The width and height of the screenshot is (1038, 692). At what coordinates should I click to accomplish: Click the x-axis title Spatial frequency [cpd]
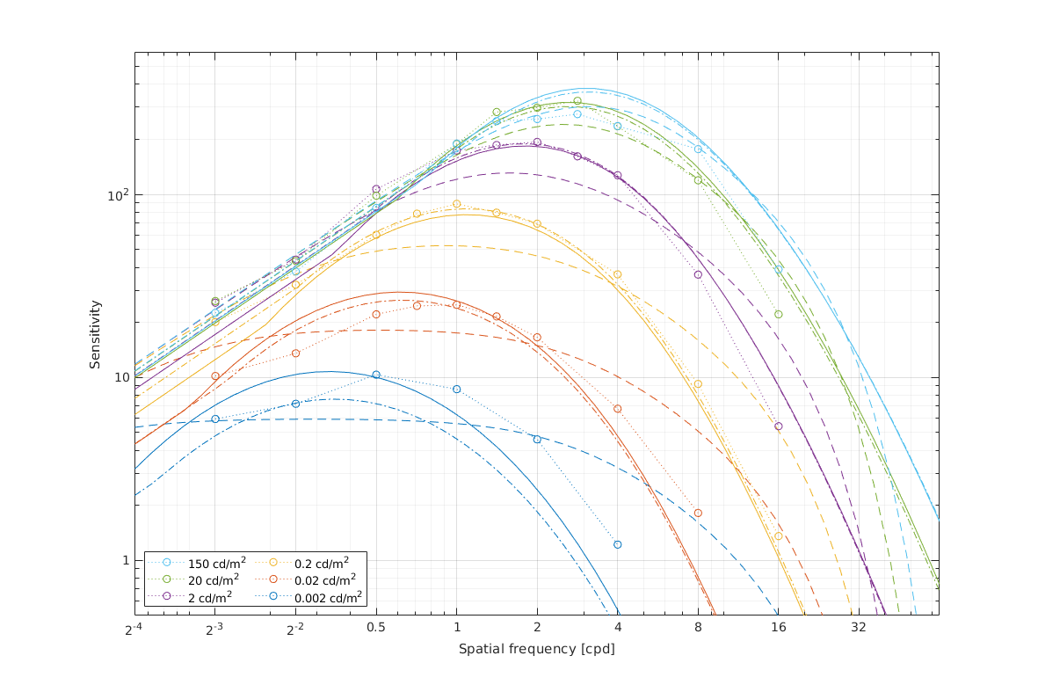pyautogui.click(x=536, y=650)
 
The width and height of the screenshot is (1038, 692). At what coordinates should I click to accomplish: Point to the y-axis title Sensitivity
pyautogui.click(x=94, y=334)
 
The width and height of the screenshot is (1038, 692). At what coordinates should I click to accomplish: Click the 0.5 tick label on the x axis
pyautogui.click(x=376, y=629)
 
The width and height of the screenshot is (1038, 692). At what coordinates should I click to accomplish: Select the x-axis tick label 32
pyautogui.click(x=859, y=629)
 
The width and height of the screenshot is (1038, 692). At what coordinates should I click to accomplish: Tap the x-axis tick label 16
pyautogui.click(x=778, y=629)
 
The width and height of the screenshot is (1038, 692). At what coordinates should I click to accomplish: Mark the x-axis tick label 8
pyautogui.click(x=698, y=629)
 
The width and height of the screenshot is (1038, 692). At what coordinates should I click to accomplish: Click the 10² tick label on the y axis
pyautogui.click(x=117, y=194)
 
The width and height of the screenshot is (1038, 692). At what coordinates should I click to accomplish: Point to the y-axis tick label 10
pyautogui.click(x=120, y=377)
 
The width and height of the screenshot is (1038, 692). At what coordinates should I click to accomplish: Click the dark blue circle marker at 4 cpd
pyautogui.click(x=618, y=544)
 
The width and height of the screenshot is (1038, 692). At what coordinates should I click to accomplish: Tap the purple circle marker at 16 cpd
pyautogui.click(x=778, y=426)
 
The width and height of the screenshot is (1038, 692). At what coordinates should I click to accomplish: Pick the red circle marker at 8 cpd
pyautogui.click(x=698, y=513)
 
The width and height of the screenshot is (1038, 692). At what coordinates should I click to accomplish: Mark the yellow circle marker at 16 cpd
pyautogui.click(x=778, y=535)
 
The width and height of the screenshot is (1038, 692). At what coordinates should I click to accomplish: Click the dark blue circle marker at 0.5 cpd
pyautogui.click(x=376, y=375)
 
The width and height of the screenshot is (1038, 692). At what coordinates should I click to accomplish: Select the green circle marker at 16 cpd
pyautogui.click(x=778, y=314)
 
